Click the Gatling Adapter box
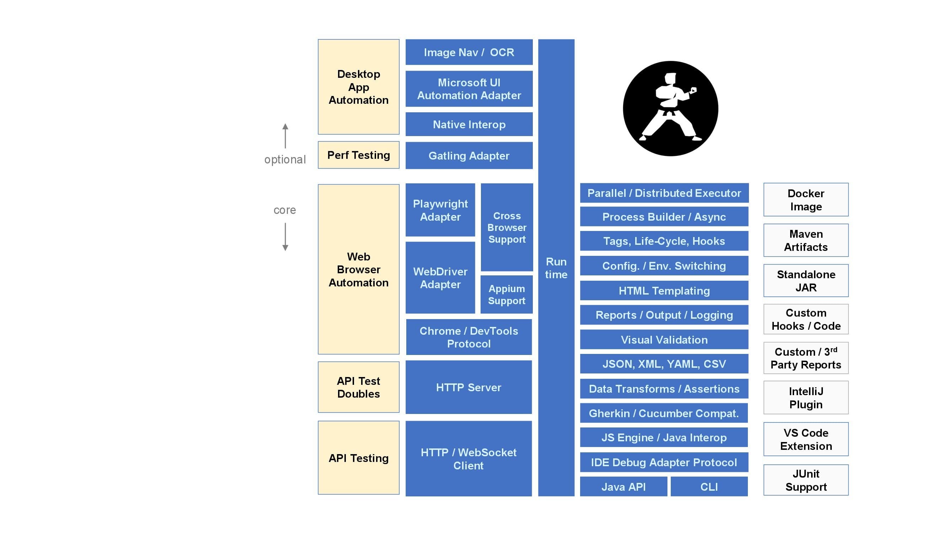(x=468, y=156)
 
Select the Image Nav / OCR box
(x=468, y=52)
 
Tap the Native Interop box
(x=468, y=124)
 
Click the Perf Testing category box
(x=358, y=155)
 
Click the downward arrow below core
(x=285, y=237)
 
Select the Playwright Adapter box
(x=440, y=210)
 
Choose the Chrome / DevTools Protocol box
(x=468, y=337)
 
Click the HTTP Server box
(x=468, y=387)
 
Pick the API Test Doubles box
(x=358, y=387)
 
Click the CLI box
(x=708, y=487)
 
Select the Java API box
(x=623, y=487)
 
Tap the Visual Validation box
(x=664, y=339)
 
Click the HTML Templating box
(x=664, y=291)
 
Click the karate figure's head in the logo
(x=670, y=79)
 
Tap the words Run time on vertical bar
(x=556, y=268)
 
